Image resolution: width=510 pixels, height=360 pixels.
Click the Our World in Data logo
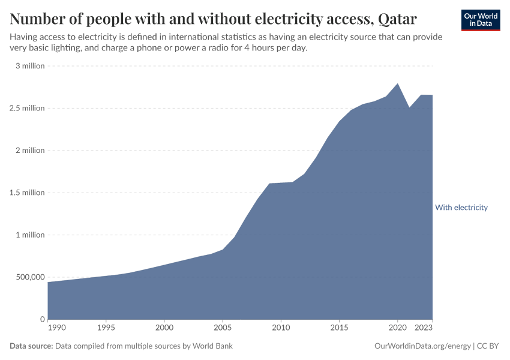point(480,20)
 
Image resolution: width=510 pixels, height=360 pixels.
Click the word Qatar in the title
point(397,19)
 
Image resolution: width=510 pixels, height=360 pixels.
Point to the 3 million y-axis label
point(30,66)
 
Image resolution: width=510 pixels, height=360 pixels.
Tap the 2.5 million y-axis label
point(26,108)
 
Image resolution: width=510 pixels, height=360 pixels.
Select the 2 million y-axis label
point(30,150)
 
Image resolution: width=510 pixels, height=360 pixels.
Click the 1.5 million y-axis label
point(26,193)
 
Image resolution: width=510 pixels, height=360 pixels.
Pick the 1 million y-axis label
point(30,235)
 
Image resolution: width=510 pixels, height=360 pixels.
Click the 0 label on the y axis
point(42,319)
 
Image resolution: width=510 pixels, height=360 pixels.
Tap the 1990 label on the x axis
point(57,328)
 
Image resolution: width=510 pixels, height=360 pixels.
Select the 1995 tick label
point(106,328)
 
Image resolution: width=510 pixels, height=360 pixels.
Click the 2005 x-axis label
point(223,328)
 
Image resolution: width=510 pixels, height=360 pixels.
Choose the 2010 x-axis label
point(281,328)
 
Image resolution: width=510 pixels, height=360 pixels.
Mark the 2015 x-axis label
point(339,328)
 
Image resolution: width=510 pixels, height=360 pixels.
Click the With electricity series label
point(461,208)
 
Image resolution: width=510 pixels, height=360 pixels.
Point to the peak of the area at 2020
point(397,83)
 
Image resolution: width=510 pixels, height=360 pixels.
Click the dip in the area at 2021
point(409,107)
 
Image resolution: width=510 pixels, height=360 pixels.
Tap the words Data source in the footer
point(31,346)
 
